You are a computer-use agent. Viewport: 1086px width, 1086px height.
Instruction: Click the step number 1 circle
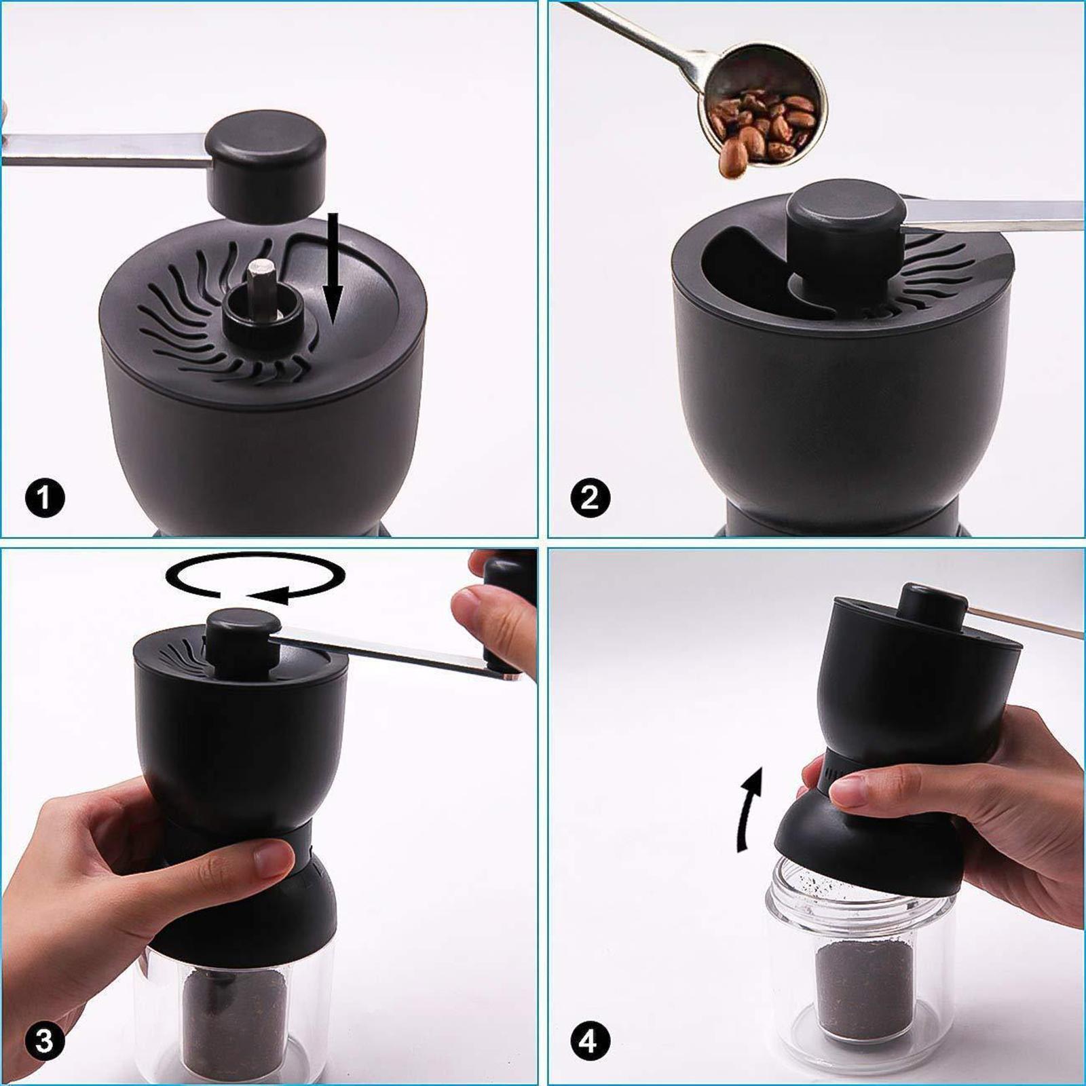coord(45,498)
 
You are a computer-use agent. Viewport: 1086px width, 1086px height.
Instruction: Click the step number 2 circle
coord(590,498)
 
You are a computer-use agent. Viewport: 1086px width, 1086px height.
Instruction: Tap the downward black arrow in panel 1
coord(332,271)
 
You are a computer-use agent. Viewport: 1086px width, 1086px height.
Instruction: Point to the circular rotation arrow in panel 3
coord(257,578)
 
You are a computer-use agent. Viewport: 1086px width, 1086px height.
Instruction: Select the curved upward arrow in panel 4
coord(749,808)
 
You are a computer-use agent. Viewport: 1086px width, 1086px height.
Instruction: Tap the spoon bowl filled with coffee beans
coord(767,115)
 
